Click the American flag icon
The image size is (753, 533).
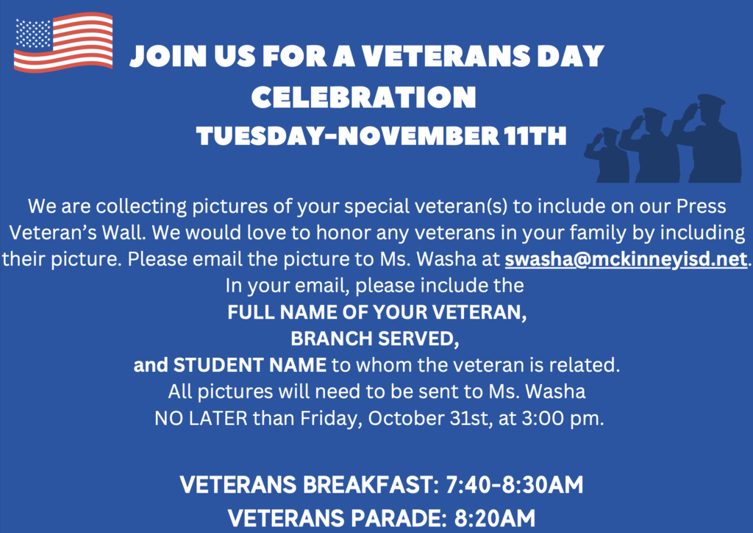pyautogui.click(x=64, y=42)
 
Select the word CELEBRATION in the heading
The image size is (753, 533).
pyautogui.click(x=364, y=96)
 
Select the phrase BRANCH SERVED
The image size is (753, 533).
pyautogui.click(x=376, y=339)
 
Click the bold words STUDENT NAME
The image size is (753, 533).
pyautogui.click(x=249, y=364)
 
